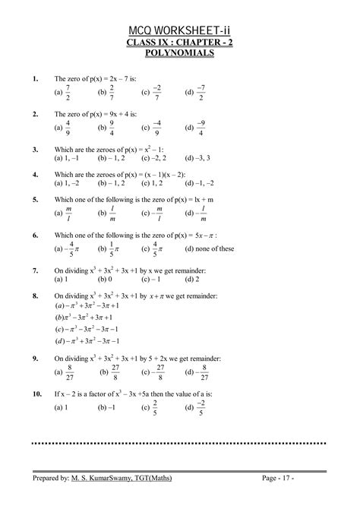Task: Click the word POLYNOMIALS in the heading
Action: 180,57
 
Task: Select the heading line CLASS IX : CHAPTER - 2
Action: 180,43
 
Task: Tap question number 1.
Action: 36,79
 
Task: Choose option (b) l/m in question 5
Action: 108,213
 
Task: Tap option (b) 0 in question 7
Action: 106,279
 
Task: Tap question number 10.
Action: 37,395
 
